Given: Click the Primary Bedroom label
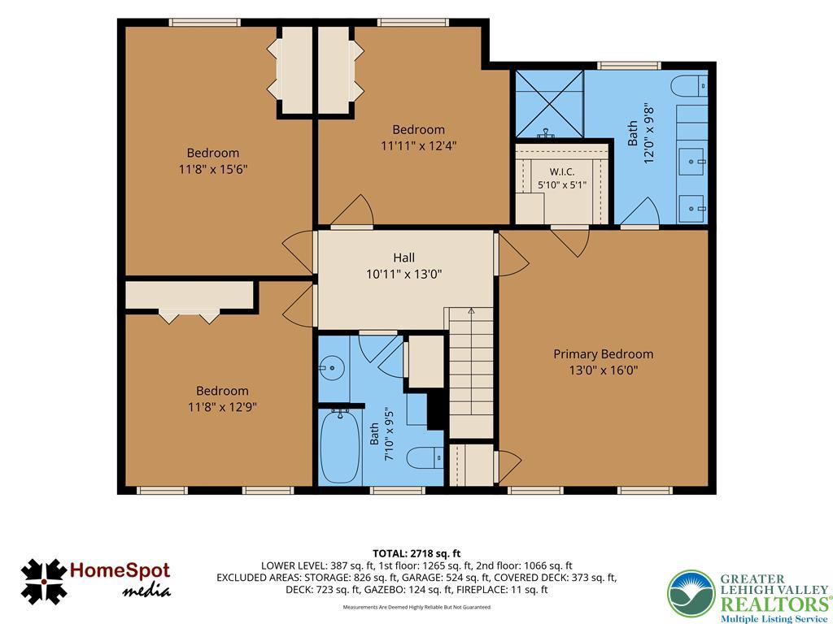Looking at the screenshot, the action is click(x=603, y=354).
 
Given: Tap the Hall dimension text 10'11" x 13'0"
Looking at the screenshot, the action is click(x=403, y=275).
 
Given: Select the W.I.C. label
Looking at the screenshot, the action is click(x=561, y=172).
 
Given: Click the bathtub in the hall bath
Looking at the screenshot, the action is click(x=340, y=447).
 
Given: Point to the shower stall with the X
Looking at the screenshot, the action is click(x=549, y=104).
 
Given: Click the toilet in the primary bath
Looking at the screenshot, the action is click(x=689, y=86).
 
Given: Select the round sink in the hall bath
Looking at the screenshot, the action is click(x=333, y=366).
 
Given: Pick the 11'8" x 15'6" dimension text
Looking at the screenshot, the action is click(x=213, y=169).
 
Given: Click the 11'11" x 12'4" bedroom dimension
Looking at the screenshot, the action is click(x=419, y=145).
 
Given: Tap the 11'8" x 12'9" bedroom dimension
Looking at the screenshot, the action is click(x=222, y=407).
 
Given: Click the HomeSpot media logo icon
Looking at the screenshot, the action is click(x=44, y=581).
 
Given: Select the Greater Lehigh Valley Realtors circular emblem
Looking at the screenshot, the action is click(x=691, y=593).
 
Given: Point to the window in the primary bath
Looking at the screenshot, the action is click(x=629, y=66).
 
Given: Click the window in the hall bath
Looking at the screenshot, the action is click(x=397, y=490).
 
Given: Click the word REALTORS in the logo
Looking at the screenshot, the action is click(x=775, y=604).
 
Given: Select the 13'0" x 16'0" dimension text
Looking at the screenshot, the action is click(x=604, y=370).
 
